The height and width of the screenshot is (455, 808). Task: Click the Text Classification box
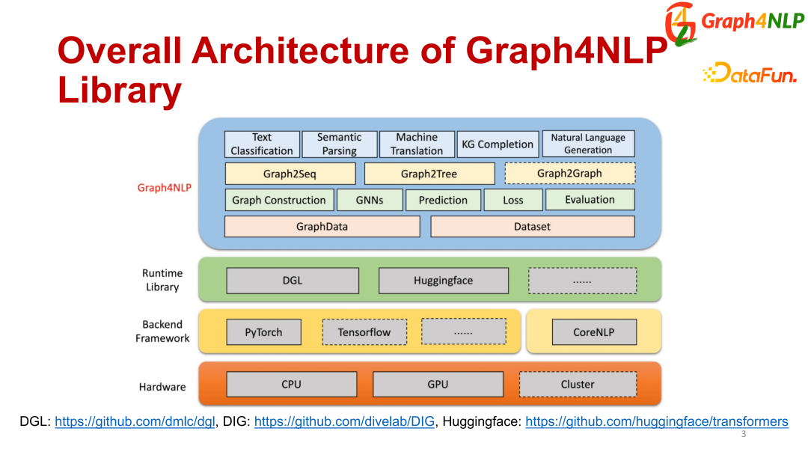(262, 144)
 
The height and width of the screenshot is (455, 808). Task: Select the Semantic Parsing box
(339, 144)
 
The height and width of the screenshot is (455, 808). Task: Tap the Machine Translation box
(417, 144)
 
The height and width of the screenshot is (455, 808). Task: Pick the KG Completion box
(498, 144)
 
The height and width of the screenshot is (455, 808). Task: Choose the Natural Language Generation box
(588, 144)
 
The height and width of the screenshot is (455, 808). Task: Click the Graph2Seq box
(290, 174)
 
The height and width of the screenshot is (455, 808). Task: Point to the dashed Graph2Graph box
(569, 174)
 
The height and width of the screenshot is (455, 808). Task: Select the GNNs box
(370, 200)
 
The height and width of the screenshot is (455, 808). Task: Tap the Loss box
(513, 200)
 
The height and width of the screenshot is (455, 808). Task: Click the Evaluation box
(590, 200)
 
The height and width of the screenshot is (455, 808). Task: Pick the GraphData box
(322, 226)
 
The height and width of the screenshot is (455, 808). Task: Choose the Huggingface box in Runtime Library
(443, 281)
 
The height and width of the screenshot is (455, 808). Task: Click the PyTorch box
(264, 332)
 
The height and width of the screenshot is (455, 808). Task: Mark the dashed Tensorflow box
(364, 332)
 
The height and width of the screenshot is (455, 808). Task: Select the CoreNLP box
(594, 332)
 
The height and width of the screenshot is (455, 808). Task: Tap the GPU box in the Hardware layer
(438, 385)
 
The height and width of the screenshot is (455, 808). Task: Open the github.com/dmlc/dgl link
(135, 422)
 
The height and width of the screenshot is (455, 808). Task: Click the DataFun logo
(750, 73)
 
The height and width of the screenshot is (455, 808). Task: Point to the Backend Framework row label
(162, 332)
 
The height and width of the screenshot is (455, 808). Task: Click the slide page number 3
(743, 435)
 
